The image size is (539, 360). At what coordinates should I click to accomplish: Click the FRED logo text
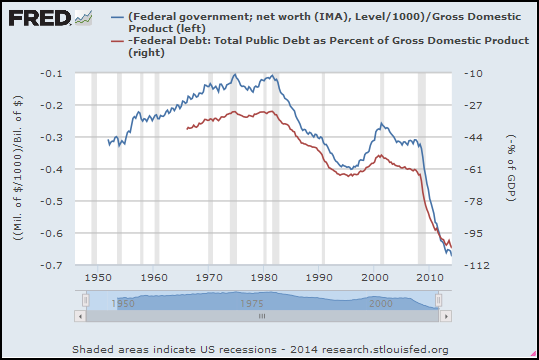click(40, 18)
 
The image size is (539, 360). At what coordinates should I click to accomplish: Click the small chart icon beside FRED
click(84, 18)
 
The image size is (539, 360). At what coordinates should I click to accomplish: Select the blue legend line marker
click(118, 17)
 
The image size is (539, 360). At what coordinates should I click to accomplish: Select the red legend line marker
click(118, 41)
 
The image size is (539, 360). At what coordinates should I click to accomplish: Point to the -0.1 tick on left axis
click(52, 74)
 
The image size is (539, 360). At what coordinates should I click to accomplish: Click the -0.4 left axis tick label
click(52, 169)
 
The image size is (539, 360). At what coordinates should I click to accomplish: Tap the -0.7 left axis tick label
click(52, 265)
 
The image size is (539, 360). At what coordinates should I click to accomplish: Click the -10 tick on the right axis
click(473, 74)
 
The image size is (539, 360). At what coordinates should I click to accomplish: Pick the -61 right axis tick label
click(473, 169)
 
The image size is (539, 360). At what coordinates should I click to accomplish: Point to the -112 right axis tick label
click(476, 265)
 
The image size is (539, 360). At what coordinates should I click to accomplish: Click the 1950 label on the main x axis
click(98, 277)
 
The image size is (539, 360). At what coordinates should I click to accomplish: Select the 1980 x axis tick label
click(264, 277)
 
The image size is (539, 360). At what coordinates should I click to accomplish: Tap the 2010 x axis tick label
click(430, 277)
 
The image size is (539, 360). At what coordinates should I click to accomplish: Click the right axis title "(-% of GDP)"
click(512, 168)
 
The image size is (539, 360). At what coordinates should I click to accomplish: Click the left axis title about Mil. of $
click(18, 168)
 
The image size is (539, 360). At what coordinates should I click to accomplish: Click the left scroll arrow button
click(80, 316)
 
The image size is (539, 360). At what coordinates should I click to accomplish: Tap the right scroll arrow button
click(446, 316)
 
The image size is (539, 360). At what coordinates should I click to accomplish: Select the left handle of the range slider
click(86, 300)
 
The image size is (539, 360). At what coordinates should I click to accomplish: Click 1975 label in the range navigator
click(252, 304)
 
